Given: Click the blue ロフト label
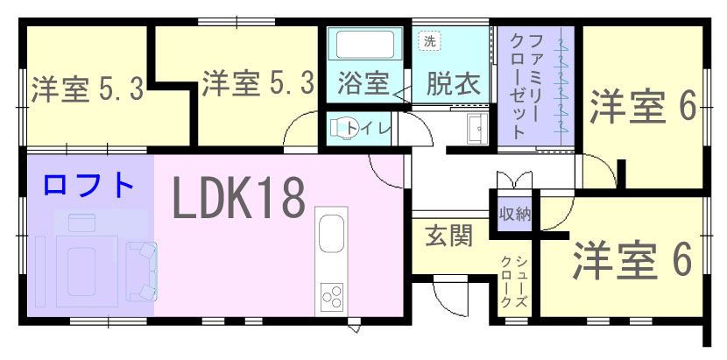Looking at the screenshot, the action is coord(88,184).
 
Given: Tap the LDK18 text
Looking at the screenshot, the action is coord(239,199).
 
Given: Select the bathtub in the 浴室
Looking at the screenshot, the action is coord(365,45).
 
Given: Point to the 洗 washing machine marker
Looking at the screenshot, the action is coord(430,41).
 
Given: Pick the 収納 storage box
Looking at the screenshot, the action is coord(515,214).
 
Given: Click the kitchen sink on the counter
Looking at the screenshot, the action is coord(331,233).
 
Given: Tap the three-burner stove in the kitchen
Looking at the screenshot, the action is coord(331,296).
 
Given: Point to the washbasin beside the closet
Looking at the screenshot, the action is coord(477,129).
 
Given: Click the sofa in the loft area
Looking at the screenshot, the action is coord(143,272).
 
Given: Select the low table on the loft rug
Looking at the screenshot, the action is coord(81,272).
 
